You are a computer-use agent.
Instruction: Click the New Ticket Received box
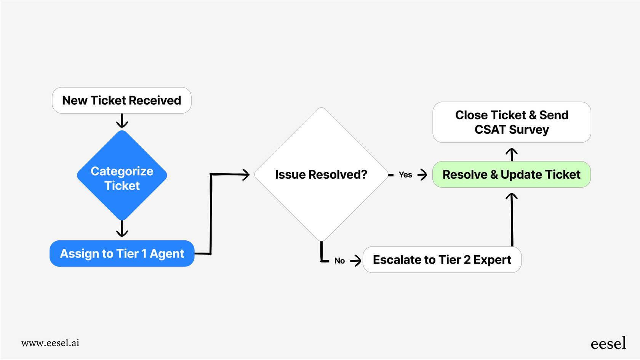coord(122,101)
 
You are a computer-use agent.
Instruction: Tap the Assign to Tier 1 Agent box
coord(122,254)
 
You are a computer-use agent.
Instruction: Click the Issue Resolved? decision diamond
coord(321,174)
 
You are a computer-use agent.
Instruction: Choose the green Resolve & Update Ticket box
coord(511,174)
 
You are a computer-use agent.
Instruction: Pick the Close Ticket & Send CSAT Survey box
coord(511,122)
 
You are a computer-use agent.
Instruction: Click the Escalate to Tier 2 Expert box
coord(442,260)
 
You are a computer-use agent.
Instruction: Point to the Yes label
coord(405,175)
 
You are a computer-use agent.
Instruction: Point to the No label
coord(339,261)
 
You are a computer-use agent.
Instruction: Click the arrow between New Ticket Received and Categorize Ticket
coord(122,121)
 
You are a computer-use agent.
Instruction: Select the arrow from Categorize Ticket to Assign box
coord(122,229)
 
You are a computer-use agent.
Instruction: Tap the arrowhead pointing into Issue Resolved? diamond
coord(245,175)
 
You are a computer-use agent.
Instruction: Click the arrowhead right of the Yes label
coord(422,175)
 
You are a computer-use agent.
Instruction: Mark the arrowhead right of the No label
coord(356,261)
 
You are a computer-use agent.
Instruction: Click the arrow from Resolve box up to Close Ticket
coord(511,154)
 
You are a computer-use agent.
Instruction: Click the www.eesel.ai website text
coord(50,343)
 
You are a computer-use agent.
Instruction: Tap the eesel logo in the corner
coord(608,344)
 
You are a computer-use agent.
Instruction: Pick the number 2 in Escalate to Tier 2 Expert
coord(467,260)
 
